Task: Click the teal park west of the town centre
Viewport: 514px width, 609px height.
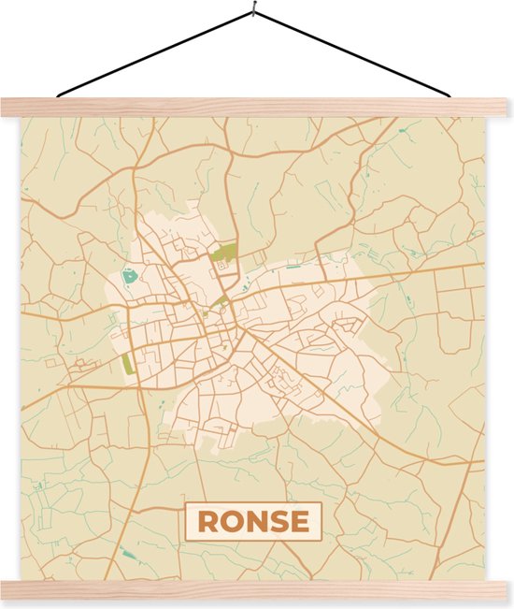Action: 129,278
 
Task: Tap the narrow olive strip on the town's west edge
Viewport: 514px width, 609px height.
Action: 128,363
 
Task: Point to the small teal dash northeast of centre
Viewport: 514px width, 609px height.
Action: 293,268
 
